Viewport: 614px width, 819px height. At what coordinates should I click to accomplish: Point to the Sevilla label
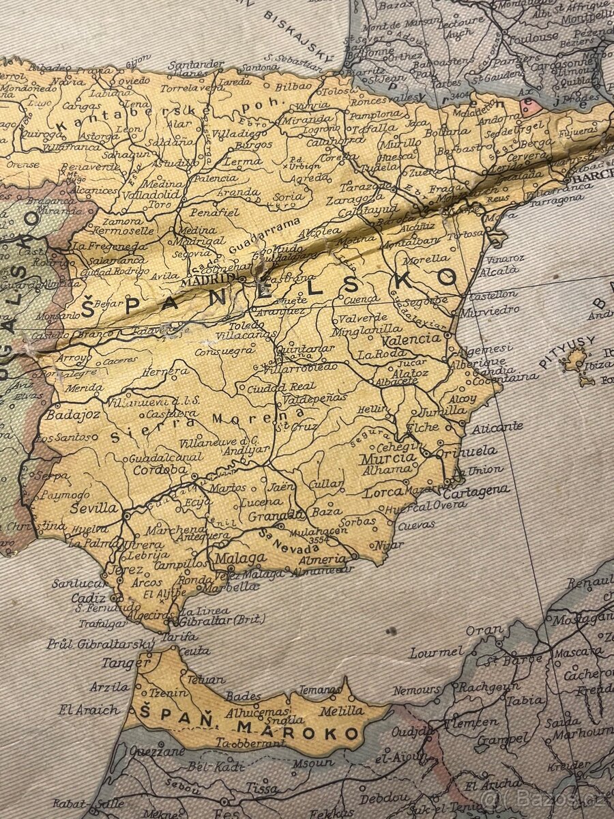(94, 508)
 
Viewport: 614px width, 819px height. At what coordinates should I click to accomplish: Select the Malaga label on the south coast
(240, 559)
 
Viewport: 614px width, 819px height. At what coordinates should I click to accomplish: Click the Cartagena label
(476, 491)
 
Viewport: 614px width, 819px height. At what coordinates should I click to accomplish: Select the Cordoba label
(160, 470)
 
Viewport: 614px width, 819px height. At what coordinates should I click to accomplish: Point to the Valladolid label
(144, 194)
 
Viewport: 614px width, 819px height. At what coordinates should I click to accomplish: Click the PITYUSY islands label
(567, 351)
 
